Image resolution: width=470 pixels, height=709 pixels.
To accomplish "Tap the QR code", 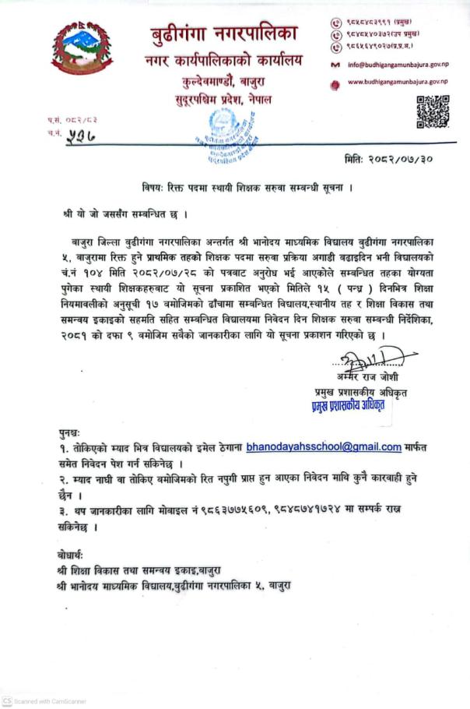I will (432, 111).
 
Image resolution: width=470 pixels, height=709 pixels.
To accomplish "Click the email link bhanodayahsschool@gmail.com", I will (323, 447).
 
